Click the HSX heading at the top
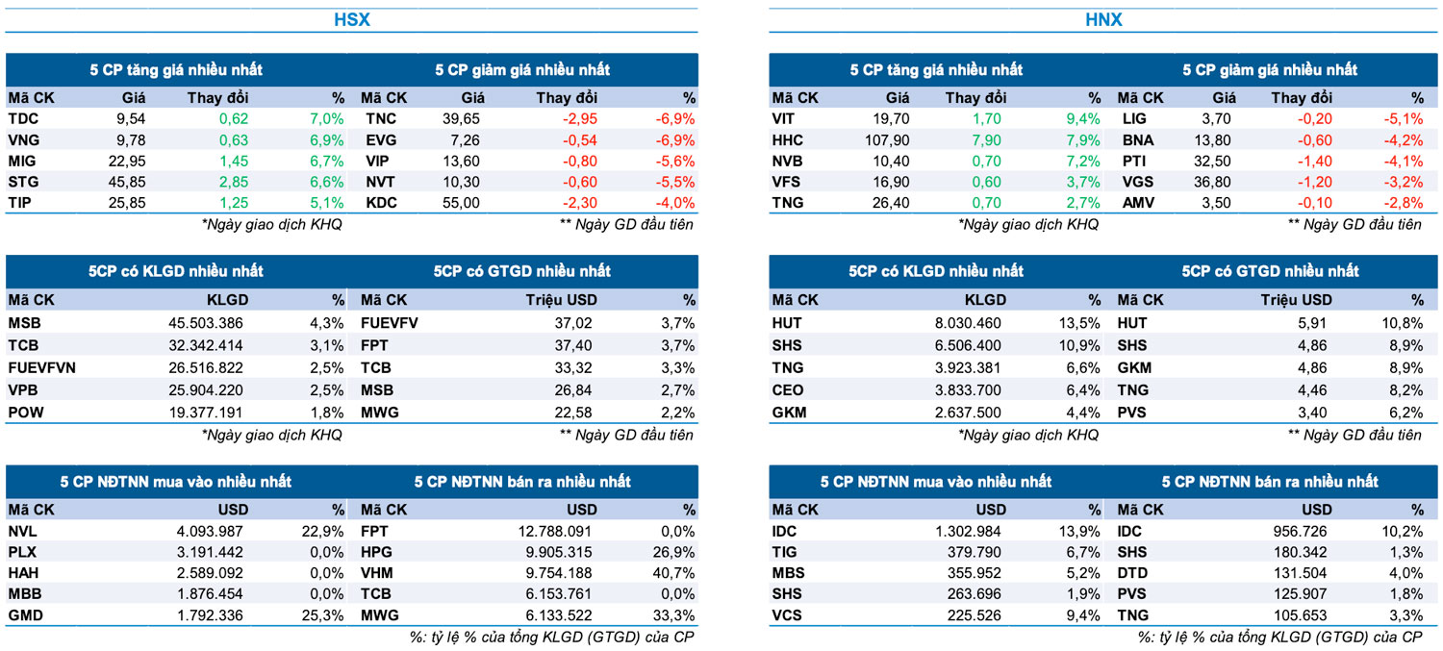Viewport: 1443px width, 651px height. [352, 19]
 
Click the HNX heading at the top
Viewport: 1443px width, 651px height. [1104, 19]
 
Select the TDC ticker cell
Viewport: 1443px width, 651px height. [23, 119]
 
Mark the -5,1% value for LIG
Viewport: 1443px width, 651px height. [1405, 119]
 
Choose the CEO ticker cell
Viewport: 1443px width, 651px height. [788, 390]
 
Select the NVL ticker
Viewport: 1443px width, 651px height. [23, 531]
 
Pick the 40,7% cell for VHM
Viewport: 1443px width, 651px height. [674, 574]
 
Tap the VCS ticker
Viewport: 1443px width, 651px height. [787, 615]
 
